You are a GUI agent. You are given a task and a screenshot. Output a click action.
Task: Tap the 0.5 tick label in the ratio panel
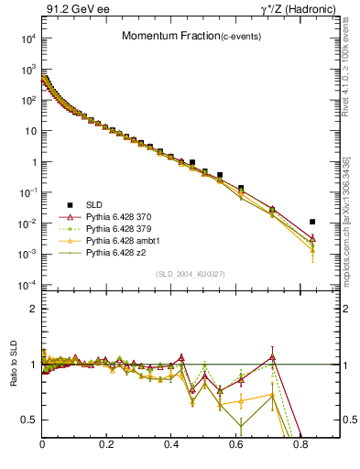click(30, 420)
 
